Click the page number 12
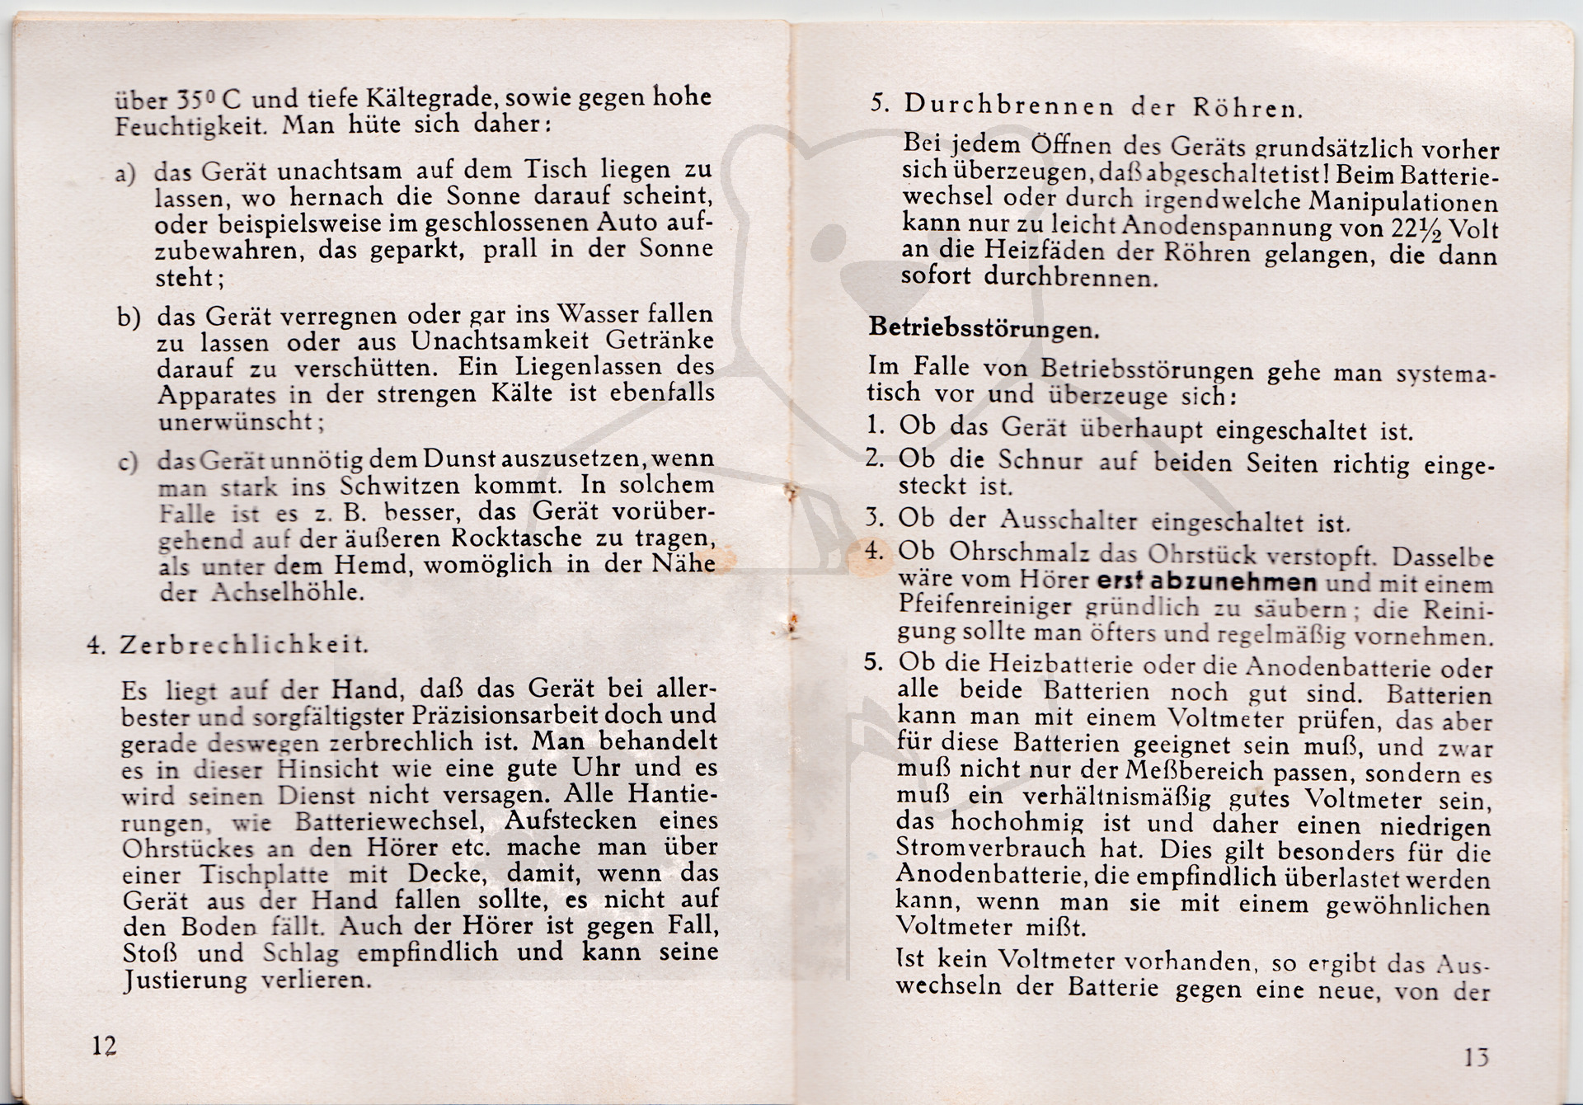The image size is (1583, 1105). tap(104, 1046)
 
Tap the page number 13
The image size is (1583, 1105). tap(1477, 1057)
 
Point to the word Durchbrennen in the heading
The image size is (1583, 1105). tap(1009, 106)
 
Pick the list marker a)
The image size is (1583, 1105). tap(125, 175)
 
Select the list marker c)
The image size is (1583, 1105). tap(128, 462)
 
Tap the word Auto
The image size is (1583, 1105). tap(618, 223)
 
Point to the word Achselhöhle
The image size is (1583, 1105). tap(287, 593)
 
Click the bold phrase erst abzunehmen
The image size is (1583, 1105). tap(1207, 581)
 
